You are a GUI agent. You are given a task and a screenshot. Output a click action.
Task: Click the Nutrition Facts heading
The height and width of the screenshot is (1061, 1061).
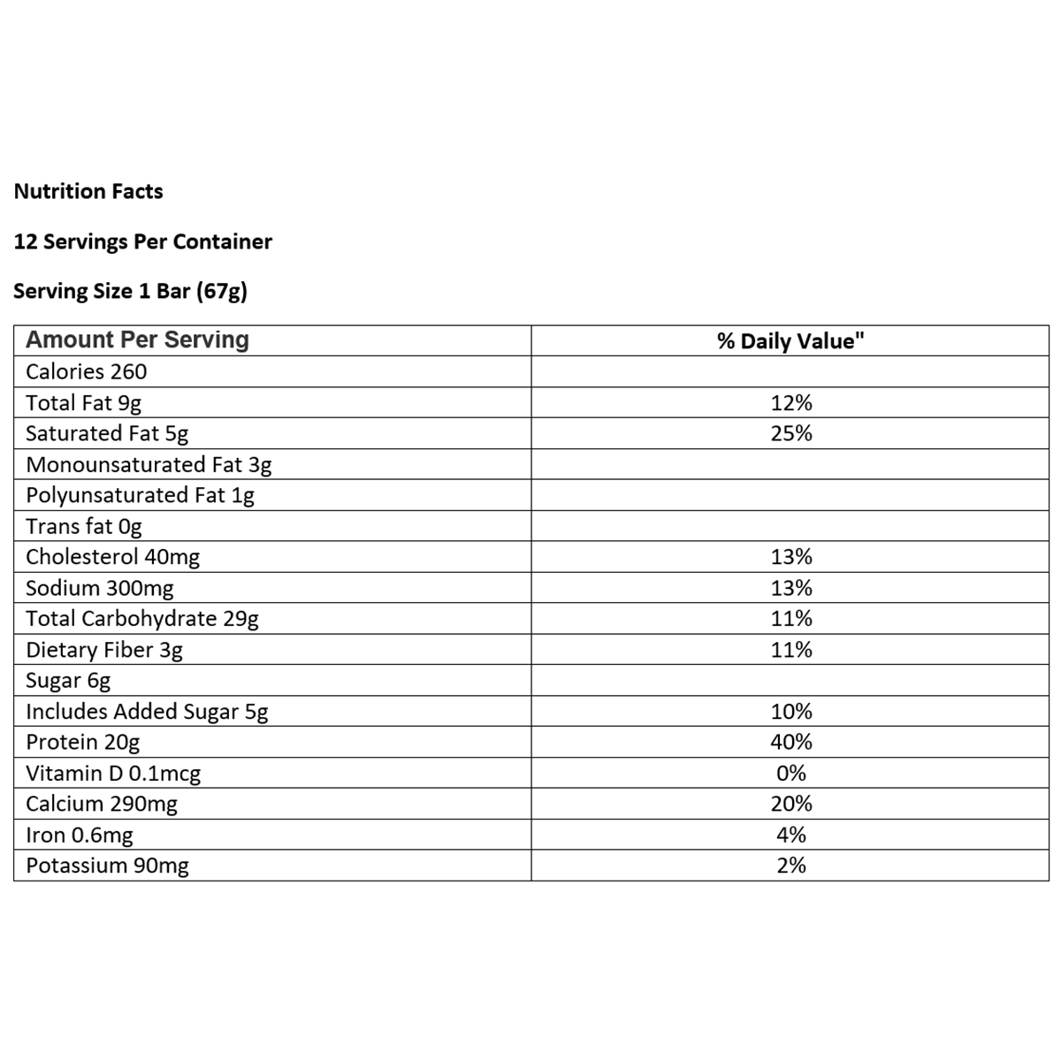[88, 192]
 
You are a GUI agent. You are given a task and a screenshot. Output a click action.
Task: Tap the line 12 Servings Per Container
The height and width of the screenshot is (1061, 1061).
[142, 241]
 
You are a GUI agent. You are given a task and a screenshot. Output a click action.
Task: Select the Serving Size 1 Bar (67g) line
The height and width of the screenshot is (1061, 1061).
[130, 291]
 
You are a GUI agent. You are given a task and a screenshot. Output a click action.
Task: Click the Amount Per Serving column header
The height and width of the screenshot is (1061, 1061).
[137, 340]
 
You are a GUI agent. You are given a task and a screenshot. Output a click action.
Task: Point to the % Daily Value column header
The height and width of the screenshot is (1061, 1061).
[790, 341]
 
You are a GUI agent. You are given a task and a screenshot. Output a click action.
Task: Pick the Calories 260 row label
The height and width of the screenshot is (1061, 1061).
[86, 372]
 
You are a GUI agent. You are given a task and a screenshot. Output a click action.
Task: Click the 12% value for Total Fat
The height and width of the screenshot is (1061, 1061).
[790, 403]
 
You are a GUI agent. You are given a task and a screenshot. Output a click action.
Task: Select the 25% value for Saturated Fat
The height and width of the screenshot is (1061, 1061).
[790, 433]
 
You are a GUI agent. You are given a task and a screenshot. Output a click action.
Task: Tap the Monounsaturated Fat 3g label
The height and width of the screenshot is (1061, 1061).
[149, 465]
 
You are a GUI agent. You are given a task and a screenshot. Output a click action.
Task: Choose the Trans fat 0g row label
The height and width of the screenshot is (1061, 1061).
[83, 527]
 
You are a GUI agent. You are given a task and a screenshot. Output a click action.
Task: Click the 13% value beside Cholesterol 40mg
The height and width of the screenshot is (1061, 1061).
[790, 557]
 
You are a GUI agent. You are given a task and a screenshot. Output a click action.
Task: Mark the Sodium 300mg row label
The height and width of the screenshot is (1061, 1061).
[99, 588]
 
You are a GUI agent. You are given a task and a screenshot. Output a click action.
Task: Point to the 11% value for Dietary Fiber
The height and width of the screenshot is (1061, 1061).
[790, 650]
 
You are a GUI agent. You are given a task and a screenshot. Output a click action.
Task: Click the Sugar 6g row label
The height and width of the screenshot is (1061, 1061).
[68, 681]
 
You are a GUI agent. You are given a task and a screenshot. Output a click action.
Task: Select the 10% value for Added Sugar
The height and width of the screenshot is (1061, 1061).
[790, 712]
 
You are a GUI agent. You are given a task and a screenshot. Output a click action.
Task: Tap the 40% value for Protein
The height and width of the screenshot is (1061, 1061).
[790, 742]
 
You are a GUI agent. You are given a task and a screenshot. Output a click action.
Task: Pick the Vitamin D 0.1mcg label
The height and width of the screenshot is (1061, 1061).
[113, 774]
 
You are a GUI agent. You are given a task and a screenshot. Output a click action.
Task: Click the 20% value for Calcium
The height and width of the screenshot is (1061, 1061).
[790, 804]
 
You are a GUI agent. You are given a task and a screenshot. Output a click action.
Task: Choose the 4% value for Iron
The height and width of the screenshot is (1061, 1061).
[790, 835]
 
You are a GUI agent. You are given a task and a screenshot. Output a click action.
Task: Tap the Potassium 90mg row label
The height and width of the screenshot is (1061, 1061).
[107, 866]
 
